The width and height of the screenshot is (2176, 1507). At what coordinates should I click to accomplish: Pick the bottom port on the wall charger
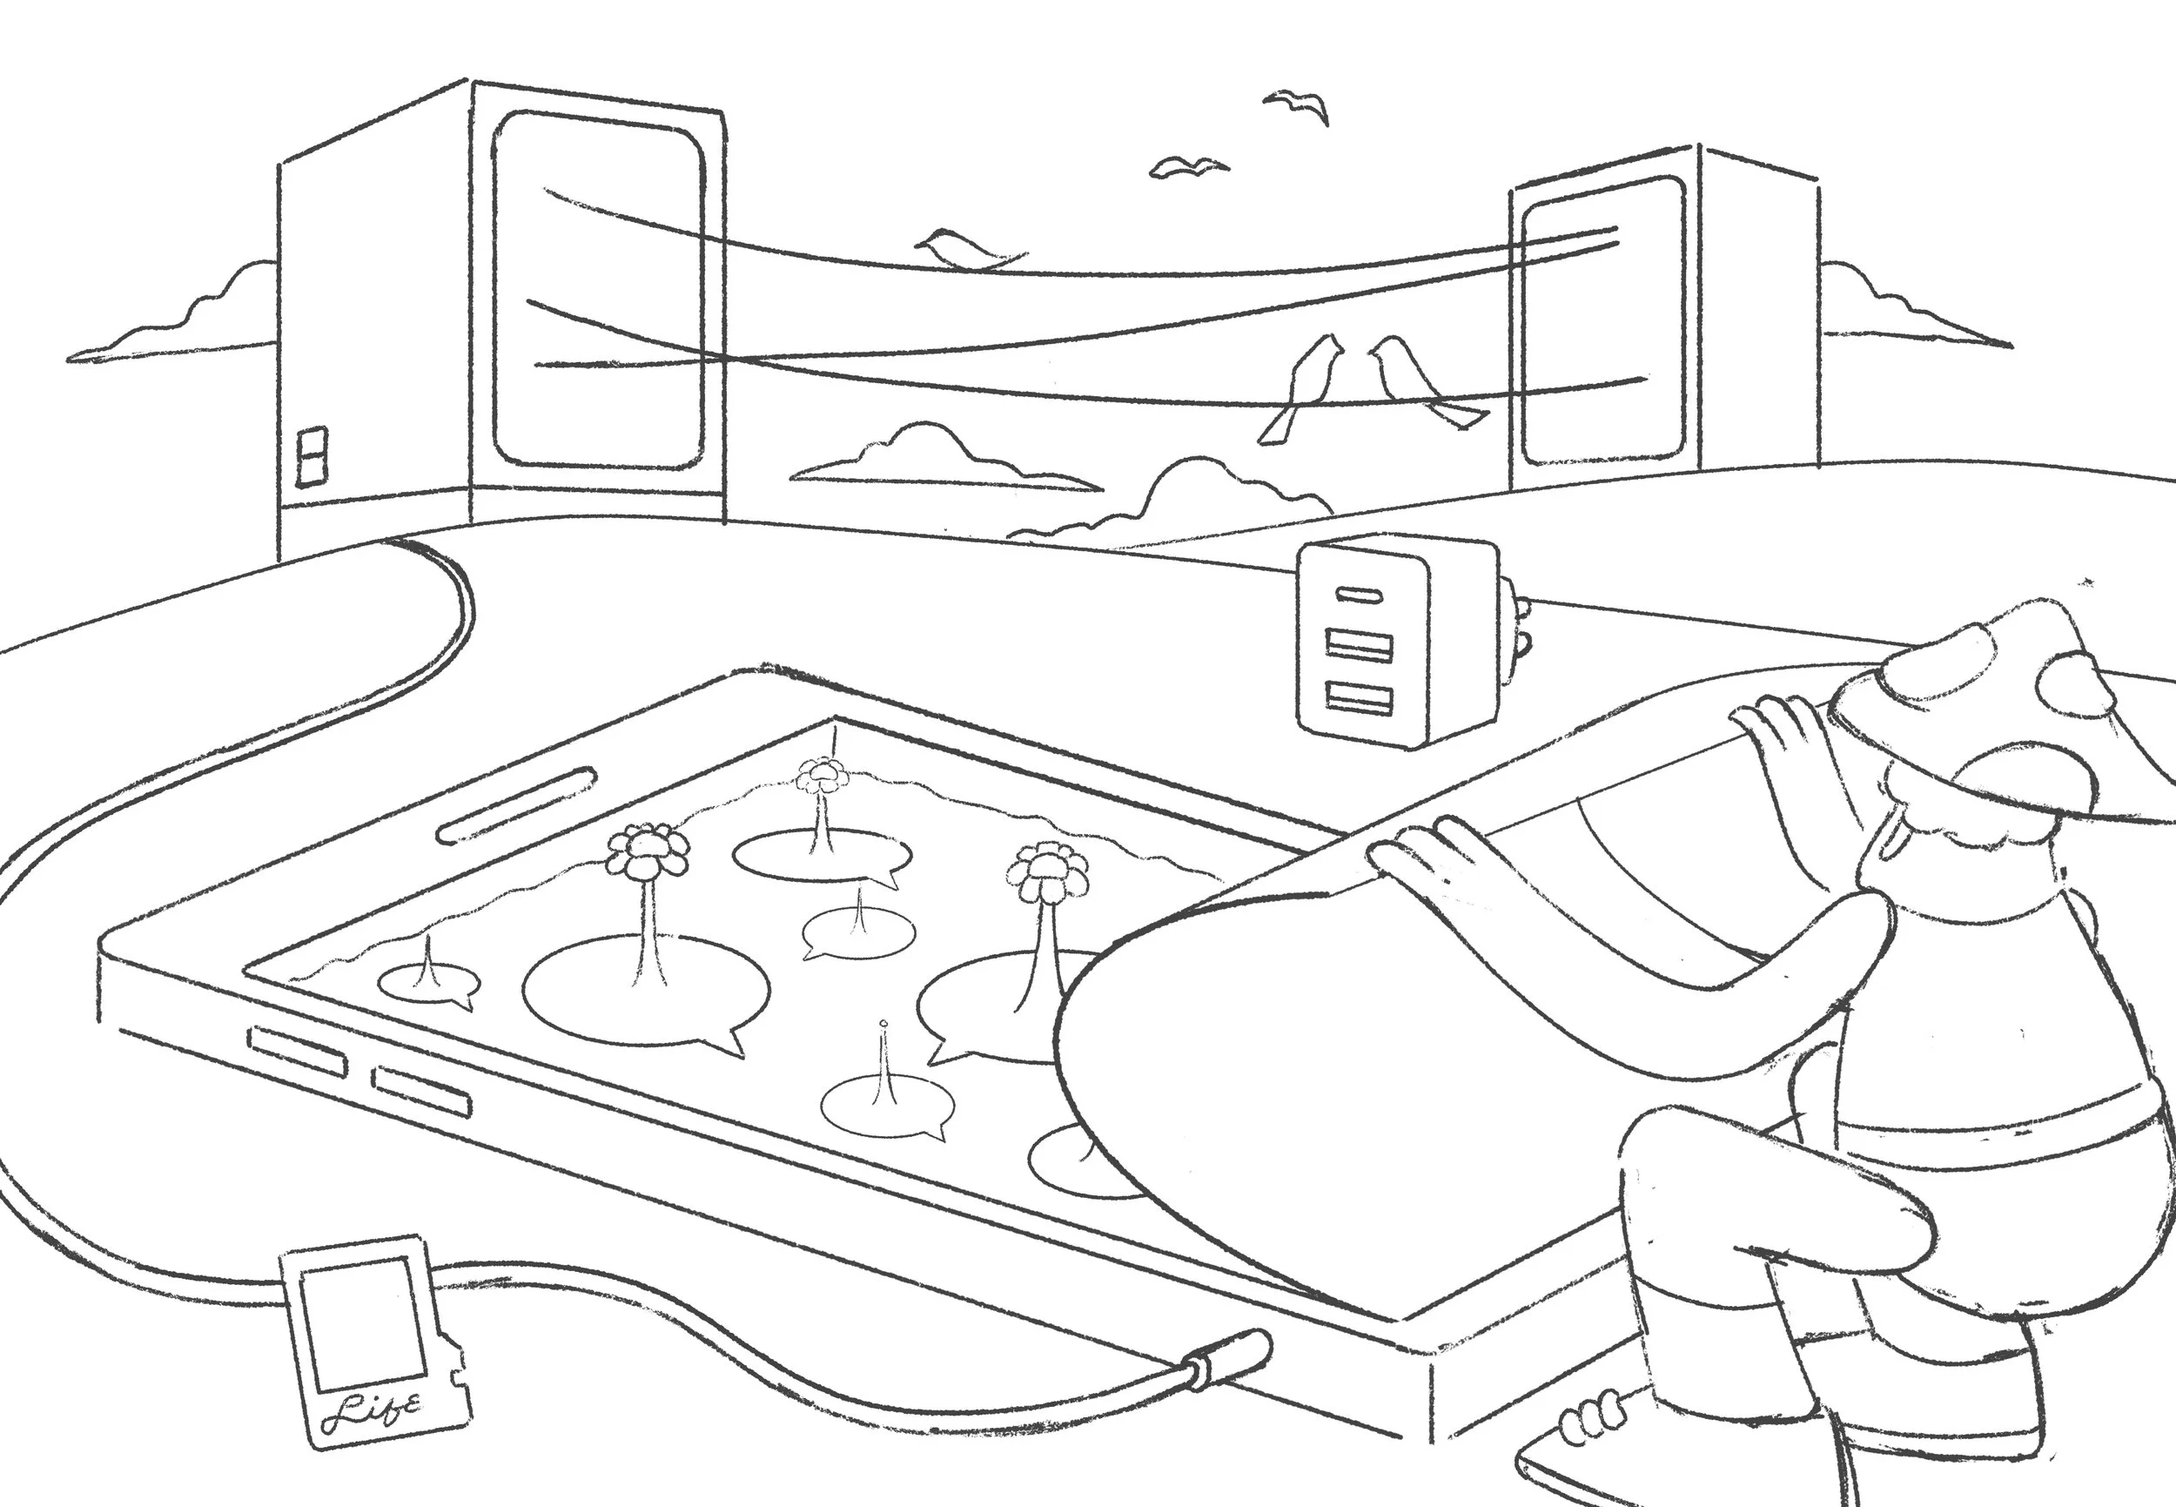(1359, 698)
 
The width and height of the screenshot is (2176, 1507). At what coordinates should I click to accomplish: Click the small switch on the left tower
(312, 456)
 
